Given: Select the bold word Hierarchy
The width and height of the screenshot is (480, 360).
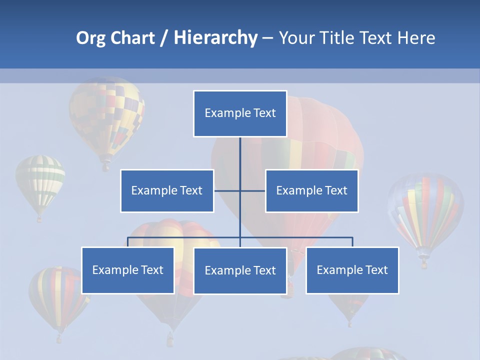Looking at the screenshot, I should coord(215,38).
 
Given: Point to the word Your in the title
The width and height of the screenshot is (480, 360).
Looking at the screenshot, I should coord(296,38).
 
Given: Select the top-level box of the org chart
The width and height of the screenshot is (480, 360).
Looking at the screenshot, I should coord(240,113).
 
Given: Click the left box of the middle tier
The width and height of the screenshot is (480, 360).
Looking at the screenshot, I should coord(167,190).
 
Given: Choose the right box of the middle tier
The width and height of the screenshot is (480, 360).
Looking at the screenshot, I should coord(311,190).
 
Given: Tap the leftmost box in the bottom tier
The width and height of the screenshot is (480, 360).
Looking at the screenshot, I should coord(127,270).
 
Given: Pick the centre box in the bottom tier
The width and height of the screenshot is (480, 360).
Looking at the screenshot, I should coord(240,270).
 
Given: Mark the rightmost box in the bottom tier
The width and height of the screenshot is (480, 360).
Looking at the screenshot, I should coord(352,270).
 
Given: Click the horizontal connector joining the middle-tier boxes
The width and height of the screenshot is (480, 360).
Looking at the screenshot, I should coord(252,190).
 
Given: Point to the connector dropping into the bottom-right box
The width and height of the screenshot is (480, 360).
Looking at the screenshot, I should coord(352,242).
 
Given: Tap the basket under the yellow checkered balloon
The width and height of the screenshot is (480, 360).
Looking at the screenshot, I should coord(105,166).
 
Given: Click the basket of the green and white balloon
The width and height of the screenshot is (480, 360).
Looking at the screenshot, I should coord(39,218).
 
